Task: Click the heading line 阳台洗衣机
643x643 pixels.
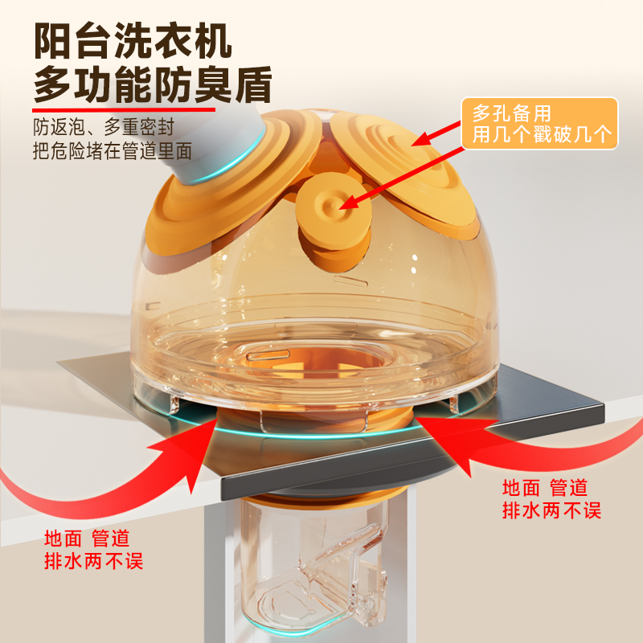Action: (133, 41)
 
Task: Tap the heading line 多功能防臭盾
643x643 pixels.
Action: (153, 84)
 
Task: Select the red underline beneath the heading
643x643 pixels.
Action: (124, 110)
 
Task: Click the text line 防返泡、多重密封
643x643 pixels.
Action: (104, 127)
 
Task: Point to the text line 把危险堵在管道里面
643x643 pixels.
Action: (113, 151)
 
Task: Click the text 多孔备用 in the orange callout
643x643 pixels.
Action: (512, 113)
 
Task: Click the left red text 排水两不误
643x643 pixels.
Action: (93, 560)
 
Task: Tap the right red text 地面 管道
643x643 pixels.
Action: (546, 488)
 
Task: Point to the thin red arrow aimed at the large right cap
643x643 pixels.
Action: (436, 133)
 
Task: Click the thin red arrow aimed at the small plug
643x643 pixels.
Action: (402, 178)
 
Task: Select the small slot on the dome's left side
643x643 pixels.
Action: (153, 305)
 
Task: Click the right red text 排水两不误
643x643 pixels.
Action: (552, 510)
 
